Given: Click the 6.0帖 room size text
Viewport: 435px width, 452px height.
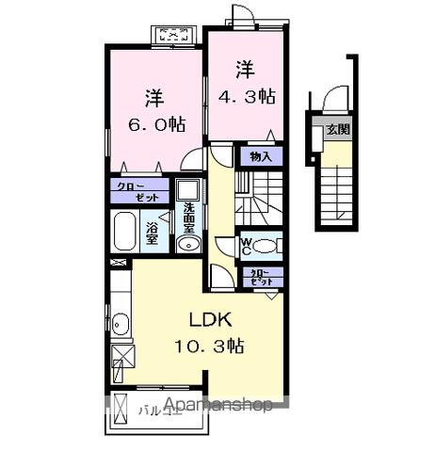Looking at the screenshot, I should tap(153, 124).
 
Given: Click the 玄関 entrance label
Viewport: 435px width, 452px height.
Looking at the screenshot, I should tap(337, 131).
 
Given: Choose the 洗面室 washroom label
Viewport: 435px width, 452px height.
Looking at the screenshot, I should tap(188, 218).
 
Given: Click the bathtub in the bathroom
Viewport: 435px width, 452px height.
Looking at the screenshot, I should tap(125, 231).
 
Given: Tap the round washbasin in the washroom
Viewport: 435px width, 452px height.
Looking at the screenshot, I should tap(185, 245).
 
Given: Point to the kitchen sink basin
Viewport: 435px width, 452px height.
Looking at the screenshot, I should tap(121, 327).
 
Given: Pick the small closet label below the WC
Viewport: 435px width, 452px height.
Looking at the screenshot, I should tap(259, 277).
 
